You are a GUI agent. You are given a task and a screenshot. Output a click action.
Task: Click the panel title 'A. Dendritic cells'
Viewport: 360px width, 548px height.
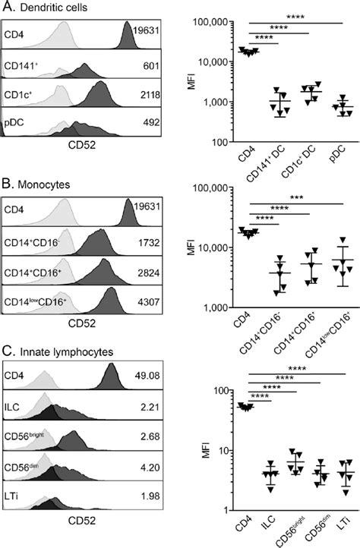44,8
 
